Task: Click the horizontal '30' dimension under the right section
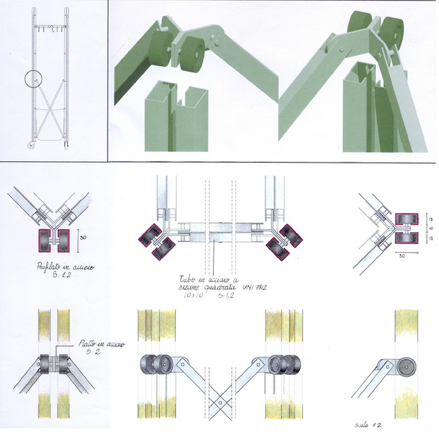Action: (x=402, y=255)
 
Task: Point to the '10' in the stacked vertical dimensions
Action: (x=431, y=227)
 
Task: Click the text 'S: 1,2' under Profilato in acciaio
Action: (x=64, y=277)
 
